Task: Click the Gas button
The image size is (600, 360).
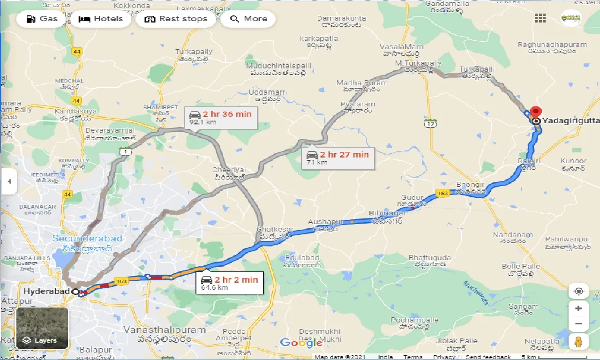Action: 41,19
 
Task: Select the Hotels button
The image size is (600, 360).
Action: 101,19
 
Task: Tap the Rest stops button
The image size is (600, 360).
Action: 176,19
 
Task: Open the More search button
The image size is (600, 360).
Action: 248,19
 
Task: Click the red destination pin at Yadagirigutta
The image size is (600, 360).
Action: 535,112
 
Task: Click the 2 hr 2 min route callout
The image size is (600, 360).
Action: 230,283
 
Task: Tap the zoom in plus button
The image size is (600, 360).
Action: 578,308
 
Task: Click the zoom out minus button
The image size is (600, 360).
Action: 578,323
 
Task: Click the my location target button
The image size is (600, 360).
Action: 578,291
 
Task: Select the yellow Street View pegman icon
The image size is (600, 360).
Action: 578,341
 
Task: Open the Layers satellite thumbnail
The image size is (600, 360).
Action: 42,328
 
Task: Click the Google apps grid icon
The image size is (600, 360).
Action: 540,18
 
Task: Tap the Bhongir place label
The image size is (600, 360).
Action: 470,185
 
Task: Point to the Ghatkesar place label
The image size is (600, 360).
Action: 275,230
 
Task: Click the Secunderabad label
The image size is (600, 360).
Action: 87,239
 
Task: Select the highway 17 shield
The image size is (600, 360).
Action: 430,123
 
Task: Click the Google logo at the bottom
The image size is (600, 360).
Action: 301,343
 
